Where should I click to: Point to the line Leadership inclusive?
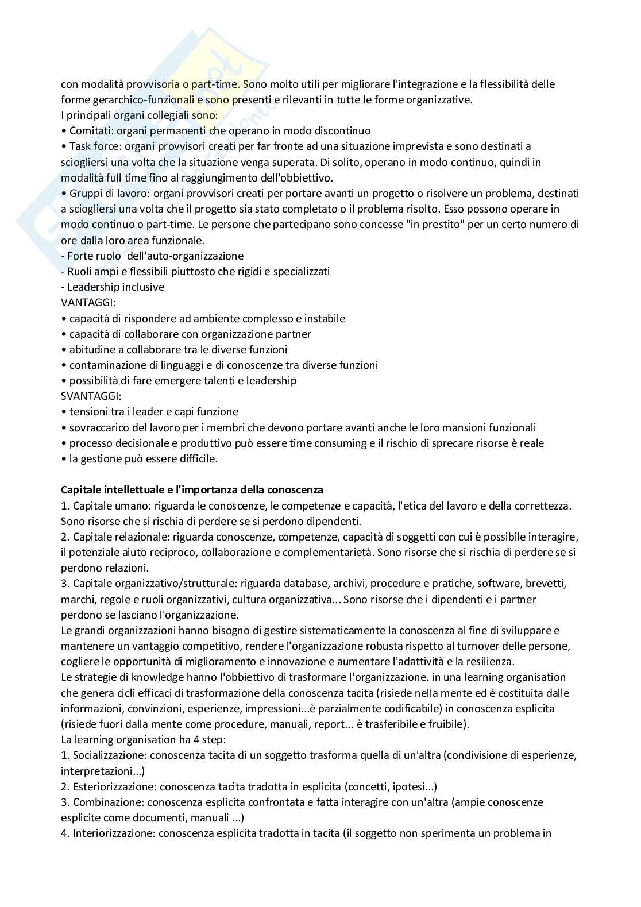(x=115, y=287)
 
